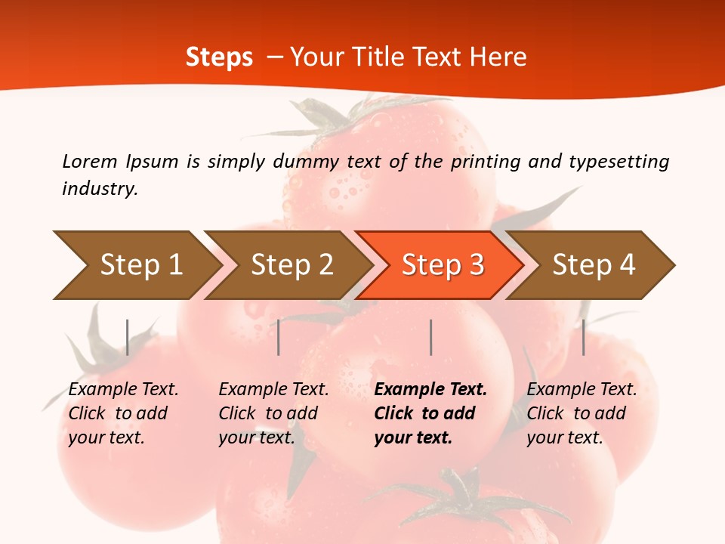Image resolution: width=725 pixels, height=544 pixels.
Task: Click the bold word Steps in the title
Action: click(x=219, y=57)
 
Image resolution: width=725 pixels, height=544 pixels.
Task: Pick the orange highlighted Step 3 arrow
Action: click(x=443, y=265)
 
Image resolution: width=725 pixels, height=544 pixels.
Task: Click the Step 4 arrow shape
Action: click(x=594, y=265)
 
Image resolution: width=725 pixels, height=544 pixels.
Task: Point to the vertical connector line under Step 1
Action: click(x=128, y=337)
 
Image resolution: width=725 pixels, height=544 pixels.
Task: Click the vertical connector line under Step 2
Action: click(x=279, y=337)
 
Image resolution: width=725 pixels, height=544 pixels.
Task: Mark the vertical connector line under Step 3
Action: click(x=431, y=337)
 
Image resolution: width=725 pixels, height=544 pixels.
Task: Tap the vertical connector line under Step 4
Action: click(x=584, y=337)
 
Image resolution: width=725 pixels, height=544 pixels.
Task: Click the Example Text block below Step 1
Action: click(x=123, y=413)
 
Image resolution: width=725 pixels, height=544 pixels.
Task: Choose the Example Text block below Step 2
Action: click(x=273, y=413)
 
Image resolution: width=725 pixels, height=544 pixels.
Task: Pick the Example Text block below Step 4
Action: click(x=582, y=413)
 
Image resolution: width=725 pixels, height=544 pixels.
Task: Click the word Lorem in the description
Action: click(x=89, y=162)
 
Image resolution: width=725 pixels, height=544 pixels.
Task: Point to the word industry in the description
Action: click(x=99, y=189)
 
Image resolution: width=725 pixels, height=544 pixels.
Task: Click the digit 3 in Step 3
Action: click(x=476, y=265)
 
